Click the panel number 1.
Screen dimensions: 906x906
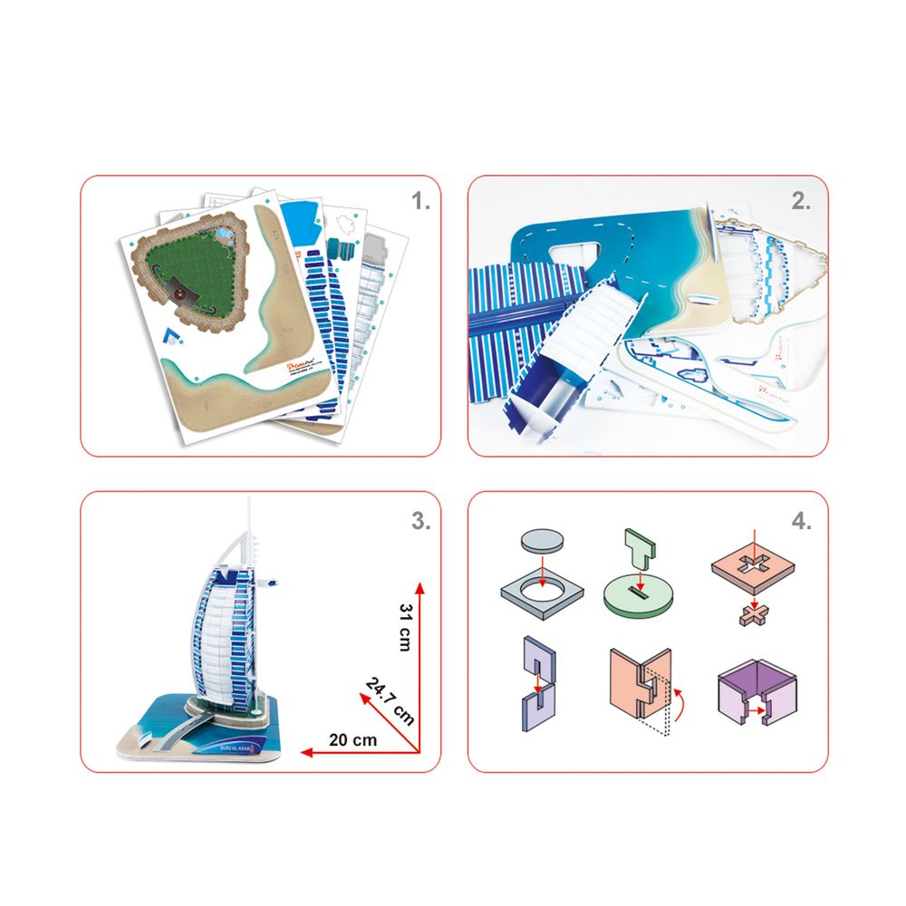(x=420, y=202)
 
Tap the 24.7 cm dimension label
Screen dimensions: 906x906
(x=390, y=700)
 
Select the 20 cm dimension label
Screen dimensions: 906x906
(x=352, y=739)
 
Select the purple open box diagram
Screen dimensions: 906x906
(x=755, y=696)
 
